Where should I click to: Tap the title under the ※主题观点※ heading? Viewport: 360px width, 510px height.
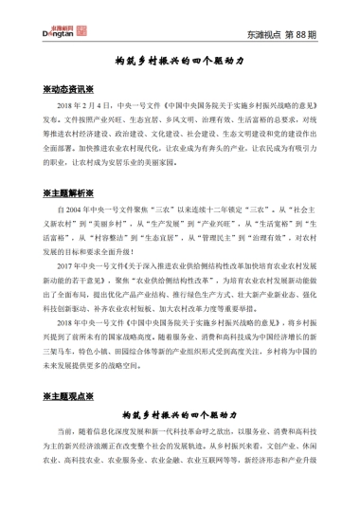click(x=180, y=415)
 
